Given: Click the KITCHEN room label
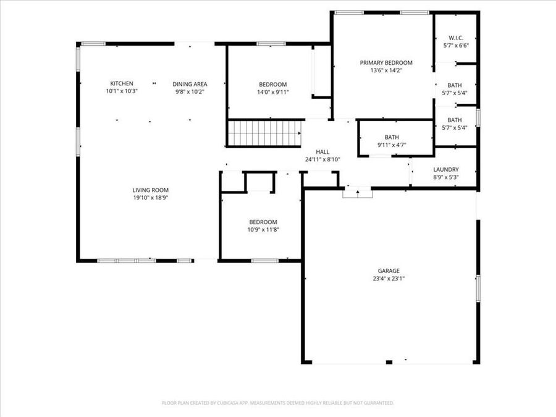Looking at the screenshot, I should click(x=122, y=83).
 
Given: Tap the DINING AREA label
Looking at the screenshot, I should click(x=190, y=84).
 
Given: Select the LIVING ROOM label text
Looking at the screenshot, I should click(x=150, y=190).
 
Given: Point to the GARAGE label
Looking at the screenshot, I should click(x=389, y=271).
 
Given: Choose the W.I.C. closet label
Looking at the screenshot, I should click(x=456, y=38).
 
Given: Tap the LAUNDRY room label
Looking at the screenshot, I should click(x=445, y=169).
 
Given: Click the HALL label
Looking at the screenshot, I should click(x=322, y=152).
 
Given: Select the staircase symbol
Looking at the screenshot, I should click(x=264, y=133).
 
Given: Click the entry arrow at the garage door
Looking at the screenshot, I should click(x=358, y=193).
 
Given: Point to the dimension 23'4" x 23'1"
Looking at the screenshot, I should click(x=389, y=279).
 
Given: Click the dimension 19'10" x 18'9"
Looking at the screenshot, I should click(x=150, y=198).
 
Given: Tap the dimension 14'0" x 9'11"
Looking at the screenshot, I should click(x=272, y=92).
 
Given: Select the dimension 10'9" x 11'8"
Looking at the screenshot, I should click(x=263, y=230).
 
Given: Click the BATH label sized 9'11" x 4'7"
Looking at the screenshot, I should click(x=392, y=138).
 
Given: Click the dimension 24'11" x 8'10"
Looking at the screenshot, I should click(x=322, y=159).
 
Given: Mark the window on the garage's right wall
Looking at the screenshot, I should click(x=477, y=288).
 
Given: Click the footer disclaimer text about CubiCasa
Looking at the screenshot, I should click(x=277, y=403).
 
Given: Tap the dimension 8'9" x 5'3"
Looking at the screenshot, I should click(x=445, y=177).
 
